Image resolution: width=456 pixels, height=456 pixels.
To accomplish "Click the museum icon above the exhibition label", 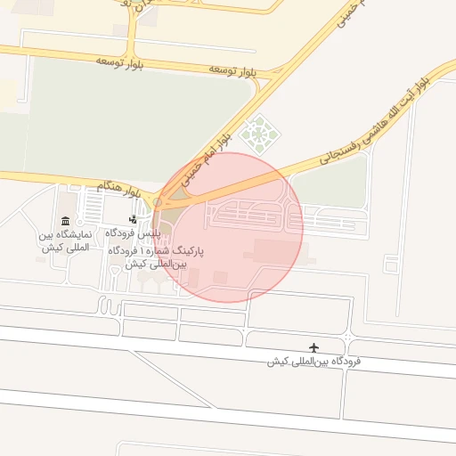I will tap(65, 221).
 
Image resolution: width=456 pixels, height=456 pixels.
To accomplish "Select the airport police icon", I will tap(134, 219).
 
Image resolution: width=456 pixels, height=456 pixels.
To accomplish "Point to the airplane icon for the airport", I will tap(313, 346).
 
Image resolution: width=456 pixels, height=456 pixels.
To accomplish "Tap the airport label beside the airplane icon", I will tap(316, 362).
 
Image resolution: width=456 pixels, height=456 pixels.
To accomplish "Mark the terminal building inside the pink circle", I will tap(278, 251).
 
